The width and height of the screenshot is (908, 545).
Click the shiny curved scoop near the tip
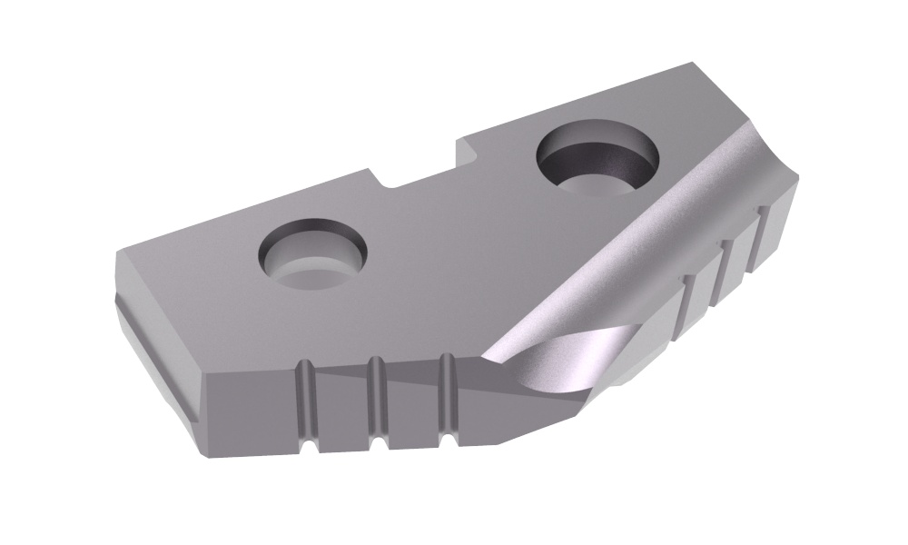[x=545, y=359]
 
